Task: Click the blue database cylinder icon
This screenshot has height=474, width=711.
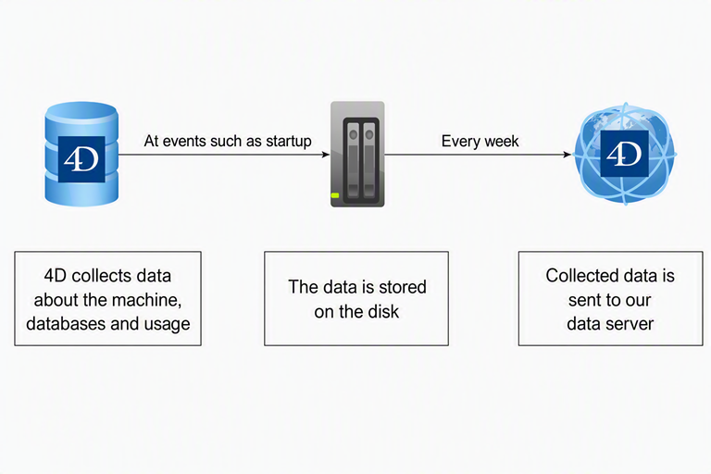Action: pos(81,154)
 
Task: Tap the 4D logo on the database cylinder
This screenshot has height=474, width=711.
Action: pos(81,159)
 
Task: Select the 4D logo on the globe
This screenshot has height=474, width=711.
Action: pos(624,154)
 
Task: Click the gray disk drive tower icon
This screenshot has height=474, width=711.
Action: pos(357,155)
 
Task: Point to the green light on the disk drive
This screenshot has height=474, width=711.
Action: pos(335,195)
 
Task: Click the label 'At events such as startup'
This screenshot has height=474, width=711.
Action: pos(228,141)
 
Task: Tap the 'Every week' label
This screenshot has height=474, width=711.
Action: pos(480,141)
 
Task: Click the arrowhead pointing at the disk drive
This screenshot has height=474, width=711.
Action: pos(326,155)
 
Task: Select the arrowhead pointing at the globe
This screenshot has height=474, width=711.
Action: pos(567,155)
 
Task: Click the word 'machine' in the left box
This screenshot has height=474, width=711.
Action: pos(146,300)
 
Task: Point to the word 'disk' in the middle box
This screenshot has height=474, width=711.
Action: pos(382,312)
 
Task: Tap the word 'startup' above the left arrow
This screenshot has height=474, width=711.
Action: pos(289,142)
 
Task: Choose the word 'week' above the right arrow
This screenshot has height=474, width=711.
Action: pos(501,141)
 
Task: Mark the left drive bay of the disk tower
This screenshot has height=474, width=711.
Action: pos(354,162)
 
